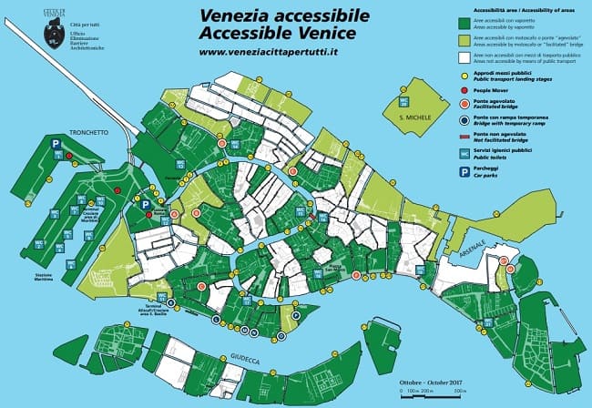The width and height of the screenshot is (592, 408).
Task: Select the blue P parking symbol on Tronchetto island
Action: point(56,144)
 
